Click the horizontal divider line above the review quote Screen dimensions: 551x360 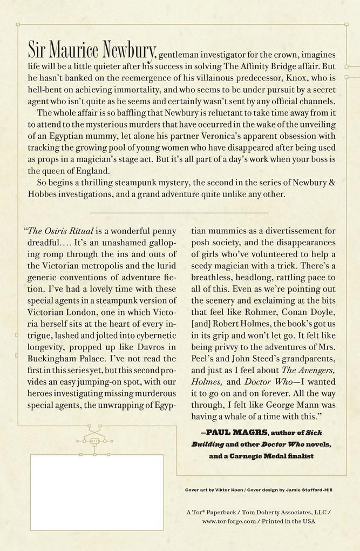click(x=179, y=213)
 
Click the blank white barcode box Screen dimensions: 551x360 click(x=97, y=491)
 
